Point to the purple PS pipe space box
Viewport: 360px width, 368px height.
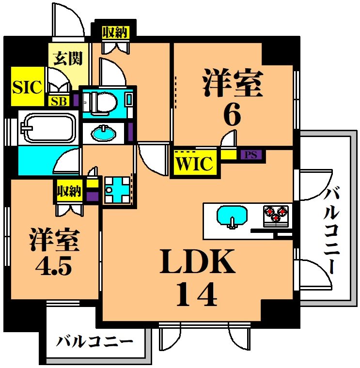click(x=250, y=155)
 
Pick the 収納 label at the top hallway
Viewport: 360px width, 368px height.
click(x=115, y=32)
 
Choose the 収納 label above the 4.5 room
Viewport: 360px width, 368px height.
click(x=68, y=191)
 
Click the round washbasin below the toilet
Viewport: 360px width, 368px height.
click(x=103, y=132)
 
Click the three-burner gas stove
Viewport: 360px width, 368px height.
click(x=276, y=214)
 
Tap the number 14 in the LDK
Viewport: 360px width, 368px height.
click(x=196, y=294)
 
